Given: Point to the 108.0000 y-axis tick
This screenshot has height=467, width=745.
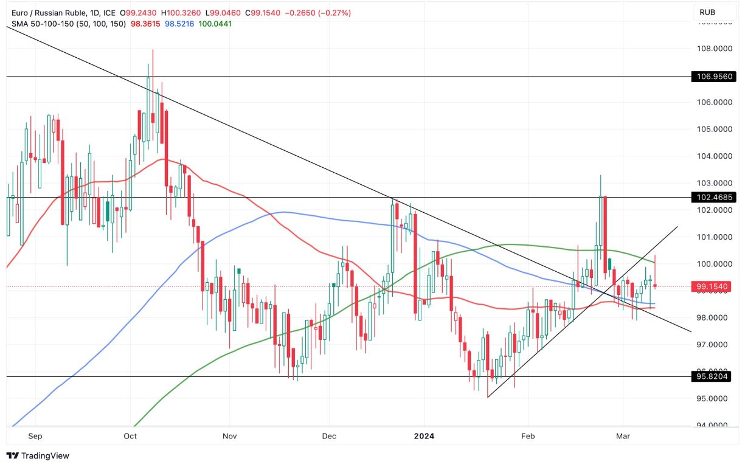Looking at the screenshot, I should coord(713,49).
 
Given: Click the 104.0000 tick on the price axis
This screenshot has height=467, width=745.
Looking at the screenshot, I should coord(713,156).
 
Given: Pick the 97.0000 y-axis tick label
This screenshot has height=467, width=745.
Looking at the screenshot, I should coord(713,345).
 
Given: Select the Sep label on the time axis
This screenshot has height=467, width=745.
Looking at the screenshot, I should coord(35,436).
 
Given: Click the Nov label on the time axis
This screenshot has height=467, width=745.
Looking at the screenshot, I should coord(229,436).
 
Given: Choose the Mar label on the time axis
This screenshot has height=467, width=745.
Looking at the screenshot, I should coord(623,436).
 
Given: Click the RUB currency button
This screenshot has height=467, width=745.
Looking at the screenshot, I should coord(707,12).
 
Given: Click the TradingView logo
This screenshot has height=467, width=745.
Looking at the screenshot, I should coord(38,455).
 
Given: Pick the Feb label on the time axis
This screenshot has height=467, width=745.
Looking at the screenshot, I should coord(527,436).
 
